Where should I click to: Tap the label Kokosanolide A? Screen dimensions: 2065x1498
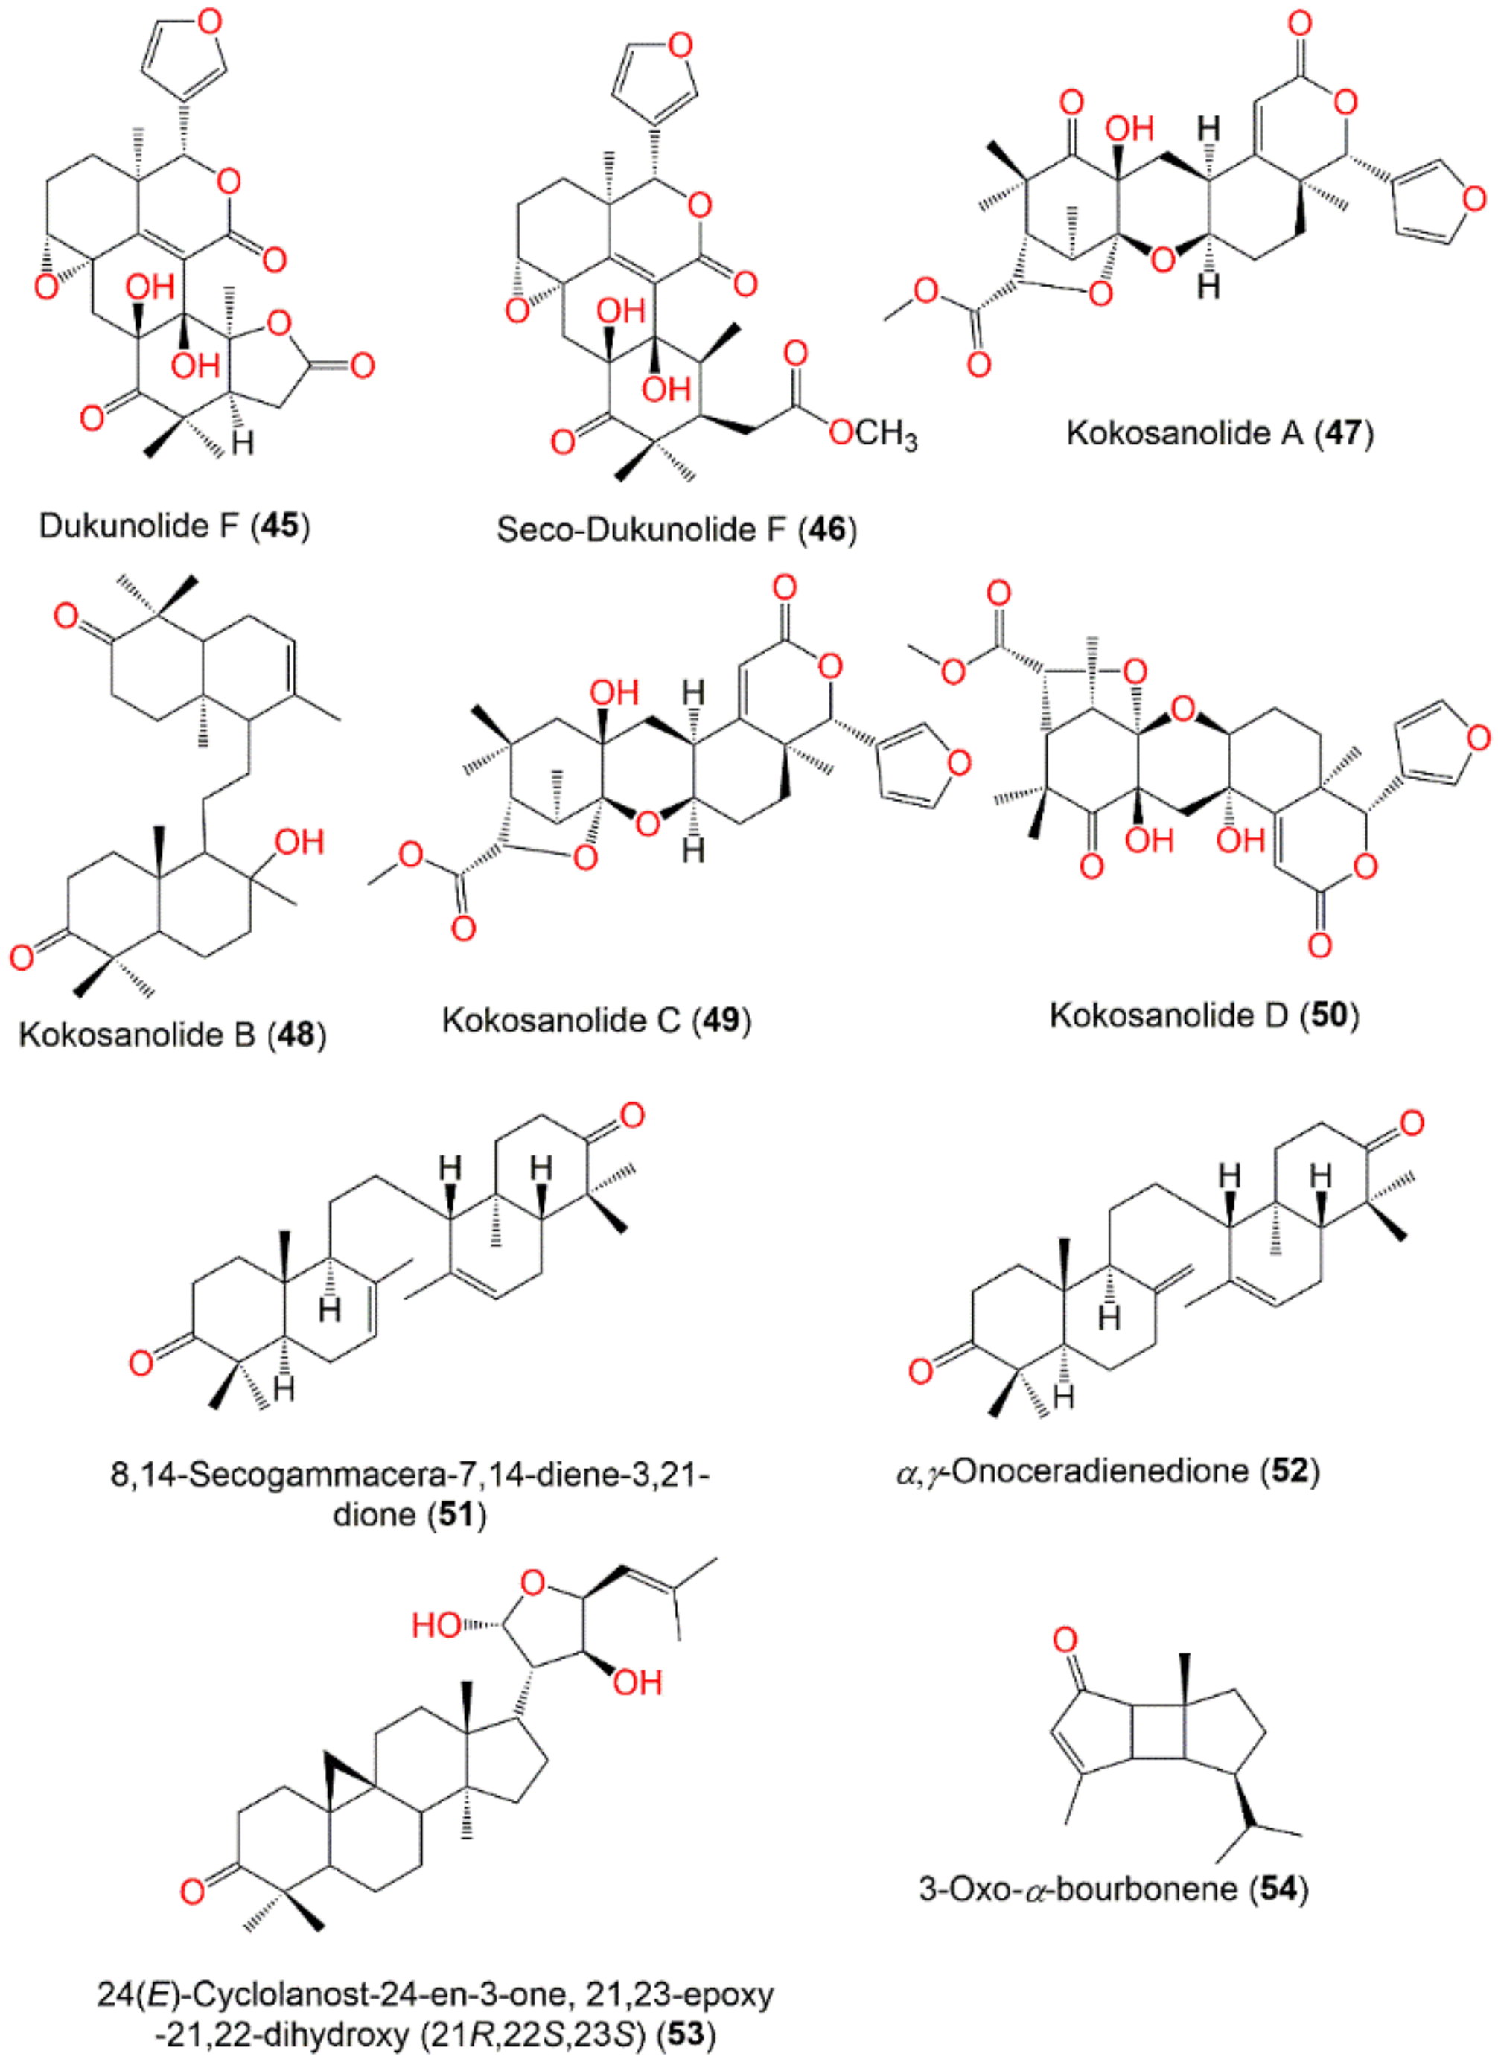tap(1185, 433)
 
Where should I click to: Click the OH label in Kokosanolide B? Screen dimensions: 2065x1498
tap(299, 841)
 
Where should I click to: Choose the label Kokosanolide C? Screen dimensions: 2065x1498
tap(561, 1021)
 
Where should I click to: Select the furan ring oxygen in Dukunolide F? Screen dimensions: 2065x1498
tap(209, 22)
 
